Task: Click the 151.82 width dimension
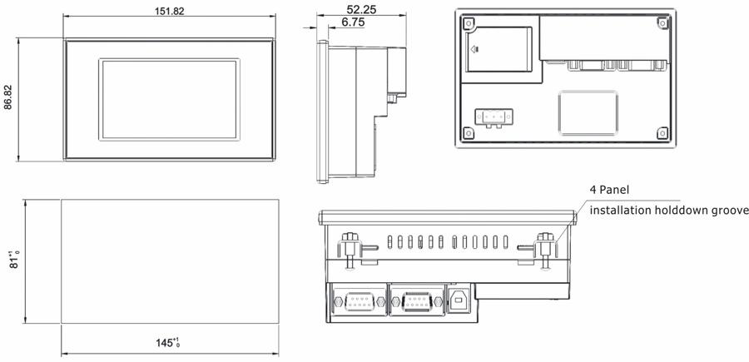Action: click(169, 12)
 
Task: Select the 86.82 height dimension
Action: click(8, 99)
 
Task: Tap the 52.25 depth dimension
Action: click(362, 9)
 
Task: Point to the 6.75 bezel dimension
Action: click(353, 22)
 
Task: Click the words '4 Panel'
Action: click(609, 190)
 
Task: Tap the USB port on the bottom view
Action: click(459, 300)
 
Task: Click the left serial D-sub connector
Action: click(360, 301)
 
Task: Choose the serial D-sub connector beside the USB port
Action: click(416, 301)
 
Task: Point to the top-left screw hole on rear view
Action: click(469, 22)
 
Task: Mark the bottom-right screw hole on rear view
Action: click(662, 133)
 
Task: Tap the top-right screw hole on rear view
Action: click(662, 22)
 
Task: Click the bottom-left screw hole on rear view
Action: click(469, 133)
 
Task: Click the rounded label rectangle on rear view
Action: click(588, 112)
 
